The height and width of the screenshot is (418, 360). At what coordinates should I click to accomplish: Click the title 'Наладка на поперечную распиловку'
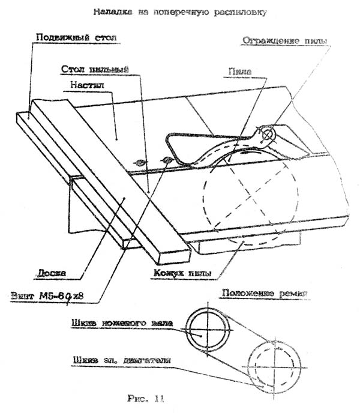click(180, 11)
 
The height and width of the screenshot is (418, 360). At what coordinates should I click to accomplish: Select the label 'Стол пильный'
click(95, 70)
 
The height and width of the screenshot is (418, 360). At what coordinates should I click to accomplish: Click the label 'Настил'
click(89, 85)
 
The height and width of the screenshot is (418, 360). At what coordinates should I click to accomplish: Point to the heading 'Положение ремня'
click(265, 294)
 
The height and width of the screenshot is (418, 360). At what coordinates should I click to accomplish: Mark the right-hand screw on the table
click(167, 160)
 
